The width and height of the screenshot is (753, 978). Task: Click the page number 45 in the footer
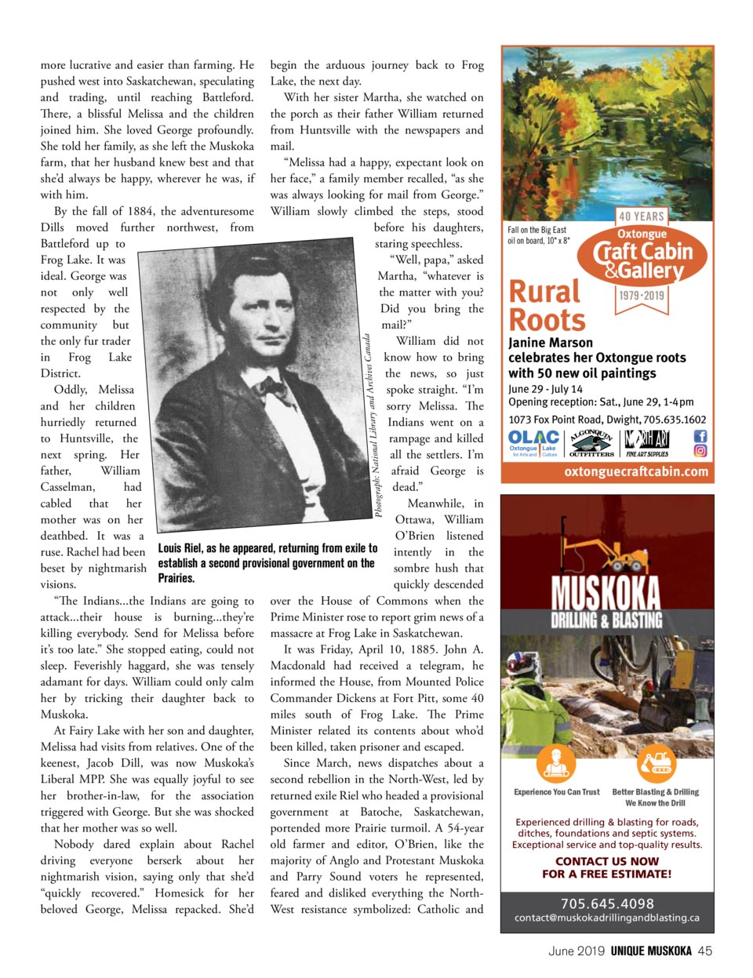(x=704, y=951)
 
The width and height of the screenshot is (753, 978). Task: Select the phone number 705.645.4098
(x=607, y=903)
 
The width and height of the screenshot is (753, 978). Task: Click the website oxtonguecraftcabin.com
(x=636, y=471)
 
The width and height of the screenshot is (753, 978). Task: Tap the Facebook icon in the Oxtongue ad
(x=700, y=436)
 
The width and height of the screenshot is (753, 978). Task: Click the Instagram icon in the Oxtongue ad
(x=700, y=451)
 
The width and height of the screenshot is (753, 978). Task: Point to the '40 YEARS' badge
(x=641, y=216)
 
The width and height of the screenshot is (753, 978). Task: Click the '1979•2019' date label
(x=642, y=296)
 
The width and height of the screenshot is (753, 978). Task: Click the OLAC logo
(x=533, y=442)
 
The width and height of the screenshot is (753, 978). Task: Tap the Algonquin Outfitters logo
(x=591, y=443)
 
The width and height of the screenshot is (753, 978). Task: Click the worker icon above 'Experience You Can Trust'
(x=556, y=762)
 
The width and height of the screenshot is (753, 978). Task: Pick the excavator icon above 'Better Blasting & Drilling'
(x=655, y=762)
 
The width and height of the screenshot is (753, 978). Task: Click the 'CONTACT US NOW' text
(x=606, y=860)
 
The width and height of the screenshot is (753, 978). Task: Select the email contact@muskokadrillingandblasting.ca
(x=607, y=918)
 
